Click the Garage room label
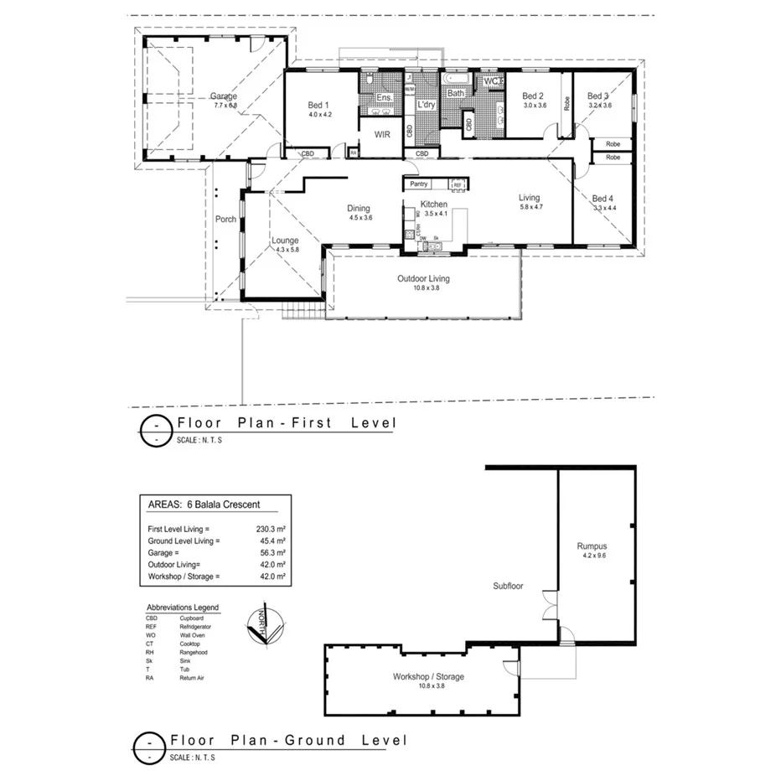point(225,96)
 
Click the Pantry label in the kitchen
point(420,184)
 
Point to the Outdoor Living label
point(423,278)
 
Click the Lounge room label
point(286,241)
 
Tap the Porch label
point(225,220)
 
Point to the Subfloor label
point(508,586)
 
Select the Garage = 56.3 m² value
point(272,553)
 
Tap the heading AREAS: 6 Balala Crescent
point(204,504)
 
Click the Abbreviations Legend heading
point(182,608)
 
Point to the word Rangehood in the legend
point(194,652)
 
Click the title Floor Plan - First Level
point(282,423)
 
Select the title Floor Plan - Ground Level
point(288,740)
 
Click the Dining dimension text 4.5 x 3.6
point(360,218)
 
